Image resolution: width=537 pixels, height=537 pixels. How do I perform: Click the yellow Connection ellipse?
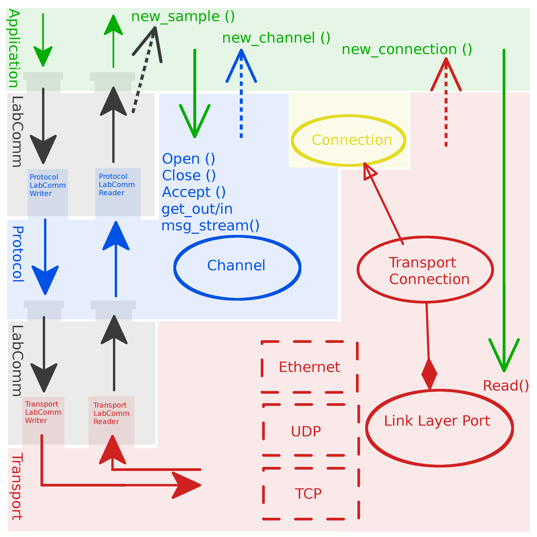tap(349, 140)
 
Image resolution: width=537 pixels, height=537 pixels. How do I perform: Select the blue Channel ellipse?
tap(237, 267)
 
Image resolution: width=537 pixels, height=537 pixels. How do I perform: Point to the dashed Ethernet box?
tap(309, 367)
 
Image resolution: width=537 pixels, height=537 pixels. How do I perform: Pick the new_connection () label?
tap(407, 49)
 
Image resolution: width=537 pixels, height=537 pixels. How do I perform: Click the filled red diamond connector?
tap(429, 374)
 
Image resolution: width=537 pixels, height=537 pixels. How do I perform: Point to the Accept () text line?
tap(193, 192)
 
